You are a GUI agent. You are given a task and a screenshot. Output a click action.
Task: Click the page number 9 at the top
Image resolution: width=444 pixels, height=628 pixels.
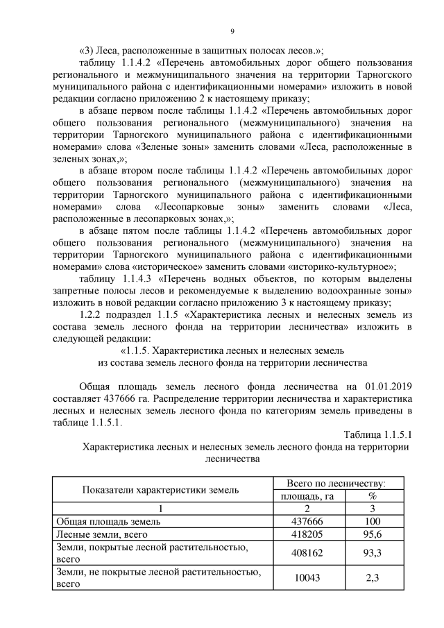pyautogui.click(x=232, y=31)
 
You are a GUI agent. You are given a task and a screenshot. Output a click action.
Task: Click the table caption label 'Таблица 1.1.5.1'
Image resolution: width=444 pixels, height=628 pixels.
pyautogui.click(x=378, y=434)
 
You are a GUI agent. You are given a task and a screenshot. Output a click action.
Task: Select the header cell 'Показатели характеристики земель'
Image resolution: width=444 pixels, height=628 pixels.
pyautogui.click(x=160, y=489)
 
